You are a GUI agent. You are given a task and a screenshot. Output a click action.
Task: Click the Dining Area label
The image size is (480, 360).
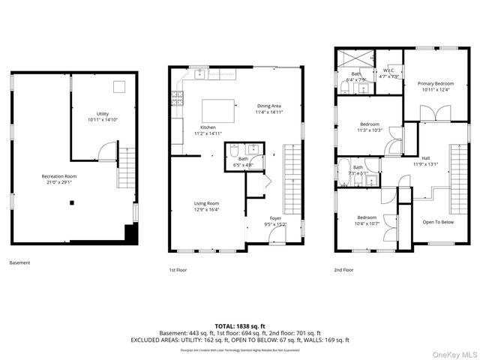pos(269,106)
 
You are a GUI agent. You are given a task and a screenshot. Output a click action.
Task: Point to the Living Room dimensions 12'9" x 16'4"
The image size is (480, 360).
pos(207,209)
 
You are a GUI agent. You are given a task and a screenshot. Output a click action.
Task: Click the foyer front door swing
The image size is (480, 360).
pos(277,237)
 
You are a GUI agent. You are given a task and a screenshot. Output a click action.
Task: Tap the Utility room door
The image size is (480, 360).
pos(106,153)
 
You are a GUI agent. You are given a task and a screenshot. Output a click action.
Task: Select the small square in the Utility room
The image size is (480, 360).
pos(118,85)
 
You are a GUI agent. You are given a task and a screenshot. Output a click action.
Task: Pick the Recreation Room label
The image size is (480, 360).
pos(58,176)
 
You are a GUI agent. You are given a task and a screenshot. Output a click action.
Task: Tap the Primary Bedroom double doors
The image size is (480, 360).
pos(427,114)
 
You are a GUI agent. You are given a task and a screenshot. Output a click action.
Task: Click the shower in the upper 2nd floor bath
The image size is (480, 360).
pos(356,57)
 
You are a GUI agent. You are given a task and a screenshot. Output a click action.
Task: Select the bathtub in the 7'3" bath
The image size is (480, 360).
pos(343,168)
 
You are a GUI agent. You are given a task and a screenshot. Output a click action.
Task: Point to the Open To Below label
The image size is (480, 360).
pos(437,222)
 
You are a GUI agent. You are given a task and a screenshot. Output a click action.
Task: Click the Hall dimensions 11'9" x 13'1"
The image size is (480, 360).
pos(425,165)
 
